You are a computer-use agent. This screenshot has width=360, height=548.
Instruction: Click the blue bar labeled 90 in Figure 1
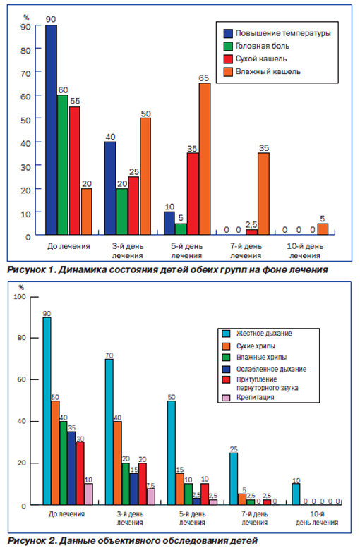[x=51, y=130]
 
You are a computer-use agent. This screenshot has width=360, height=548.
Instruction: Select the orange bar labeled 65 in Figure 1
[x=205, y=159]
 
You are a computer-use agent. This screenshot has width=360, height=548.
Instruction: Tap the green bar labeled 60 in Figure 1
[x=63, y=164]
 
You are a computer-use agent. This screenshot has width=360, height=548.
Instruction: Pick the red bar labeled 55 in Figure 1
[x=75, y=171]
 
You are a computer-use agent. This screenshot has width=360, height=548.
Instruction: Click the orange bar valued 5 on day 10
[x=323, y=229]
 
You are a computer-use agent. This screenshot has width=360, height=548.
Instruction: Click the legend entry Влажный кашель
[x=262, y=72]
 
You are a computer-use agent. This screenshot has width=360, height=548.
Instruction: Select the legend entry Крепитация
[x=248, y=397]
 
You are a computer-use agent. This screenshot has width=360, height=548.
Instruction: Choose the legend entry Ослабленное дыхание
[x=265, y=369]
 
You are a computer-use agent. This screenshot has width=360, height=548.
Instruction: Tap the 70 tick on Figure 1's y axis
[x=25, y=73]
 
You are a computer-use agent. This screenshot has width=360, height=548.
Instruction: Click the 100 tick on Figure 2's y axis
[x=20, y=297]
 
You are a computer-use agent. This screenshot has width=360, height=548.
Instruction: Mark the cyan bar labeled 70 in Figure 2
[x=109, y=432]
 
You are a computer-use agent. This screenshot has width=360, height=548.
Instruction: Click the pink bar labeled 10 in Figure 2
[x=89, y=494]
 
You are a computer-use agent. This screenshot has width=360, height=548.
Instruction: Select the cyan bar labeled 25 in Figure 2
[x=234, y=479]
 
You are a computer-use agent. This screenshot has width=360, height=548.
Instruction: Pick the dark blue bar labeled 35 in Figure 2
[x=72, y=468]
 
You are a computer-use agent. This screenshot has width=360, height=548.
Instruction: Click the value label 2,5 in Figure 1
[x=251, y=224]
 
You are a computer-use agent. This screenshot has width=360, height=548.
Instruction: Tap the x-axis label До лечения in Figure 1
[x=68, y=246]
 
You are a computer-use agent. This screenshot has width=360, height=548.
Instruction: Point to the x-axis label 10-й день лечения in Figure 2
[x=317, y=518]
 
